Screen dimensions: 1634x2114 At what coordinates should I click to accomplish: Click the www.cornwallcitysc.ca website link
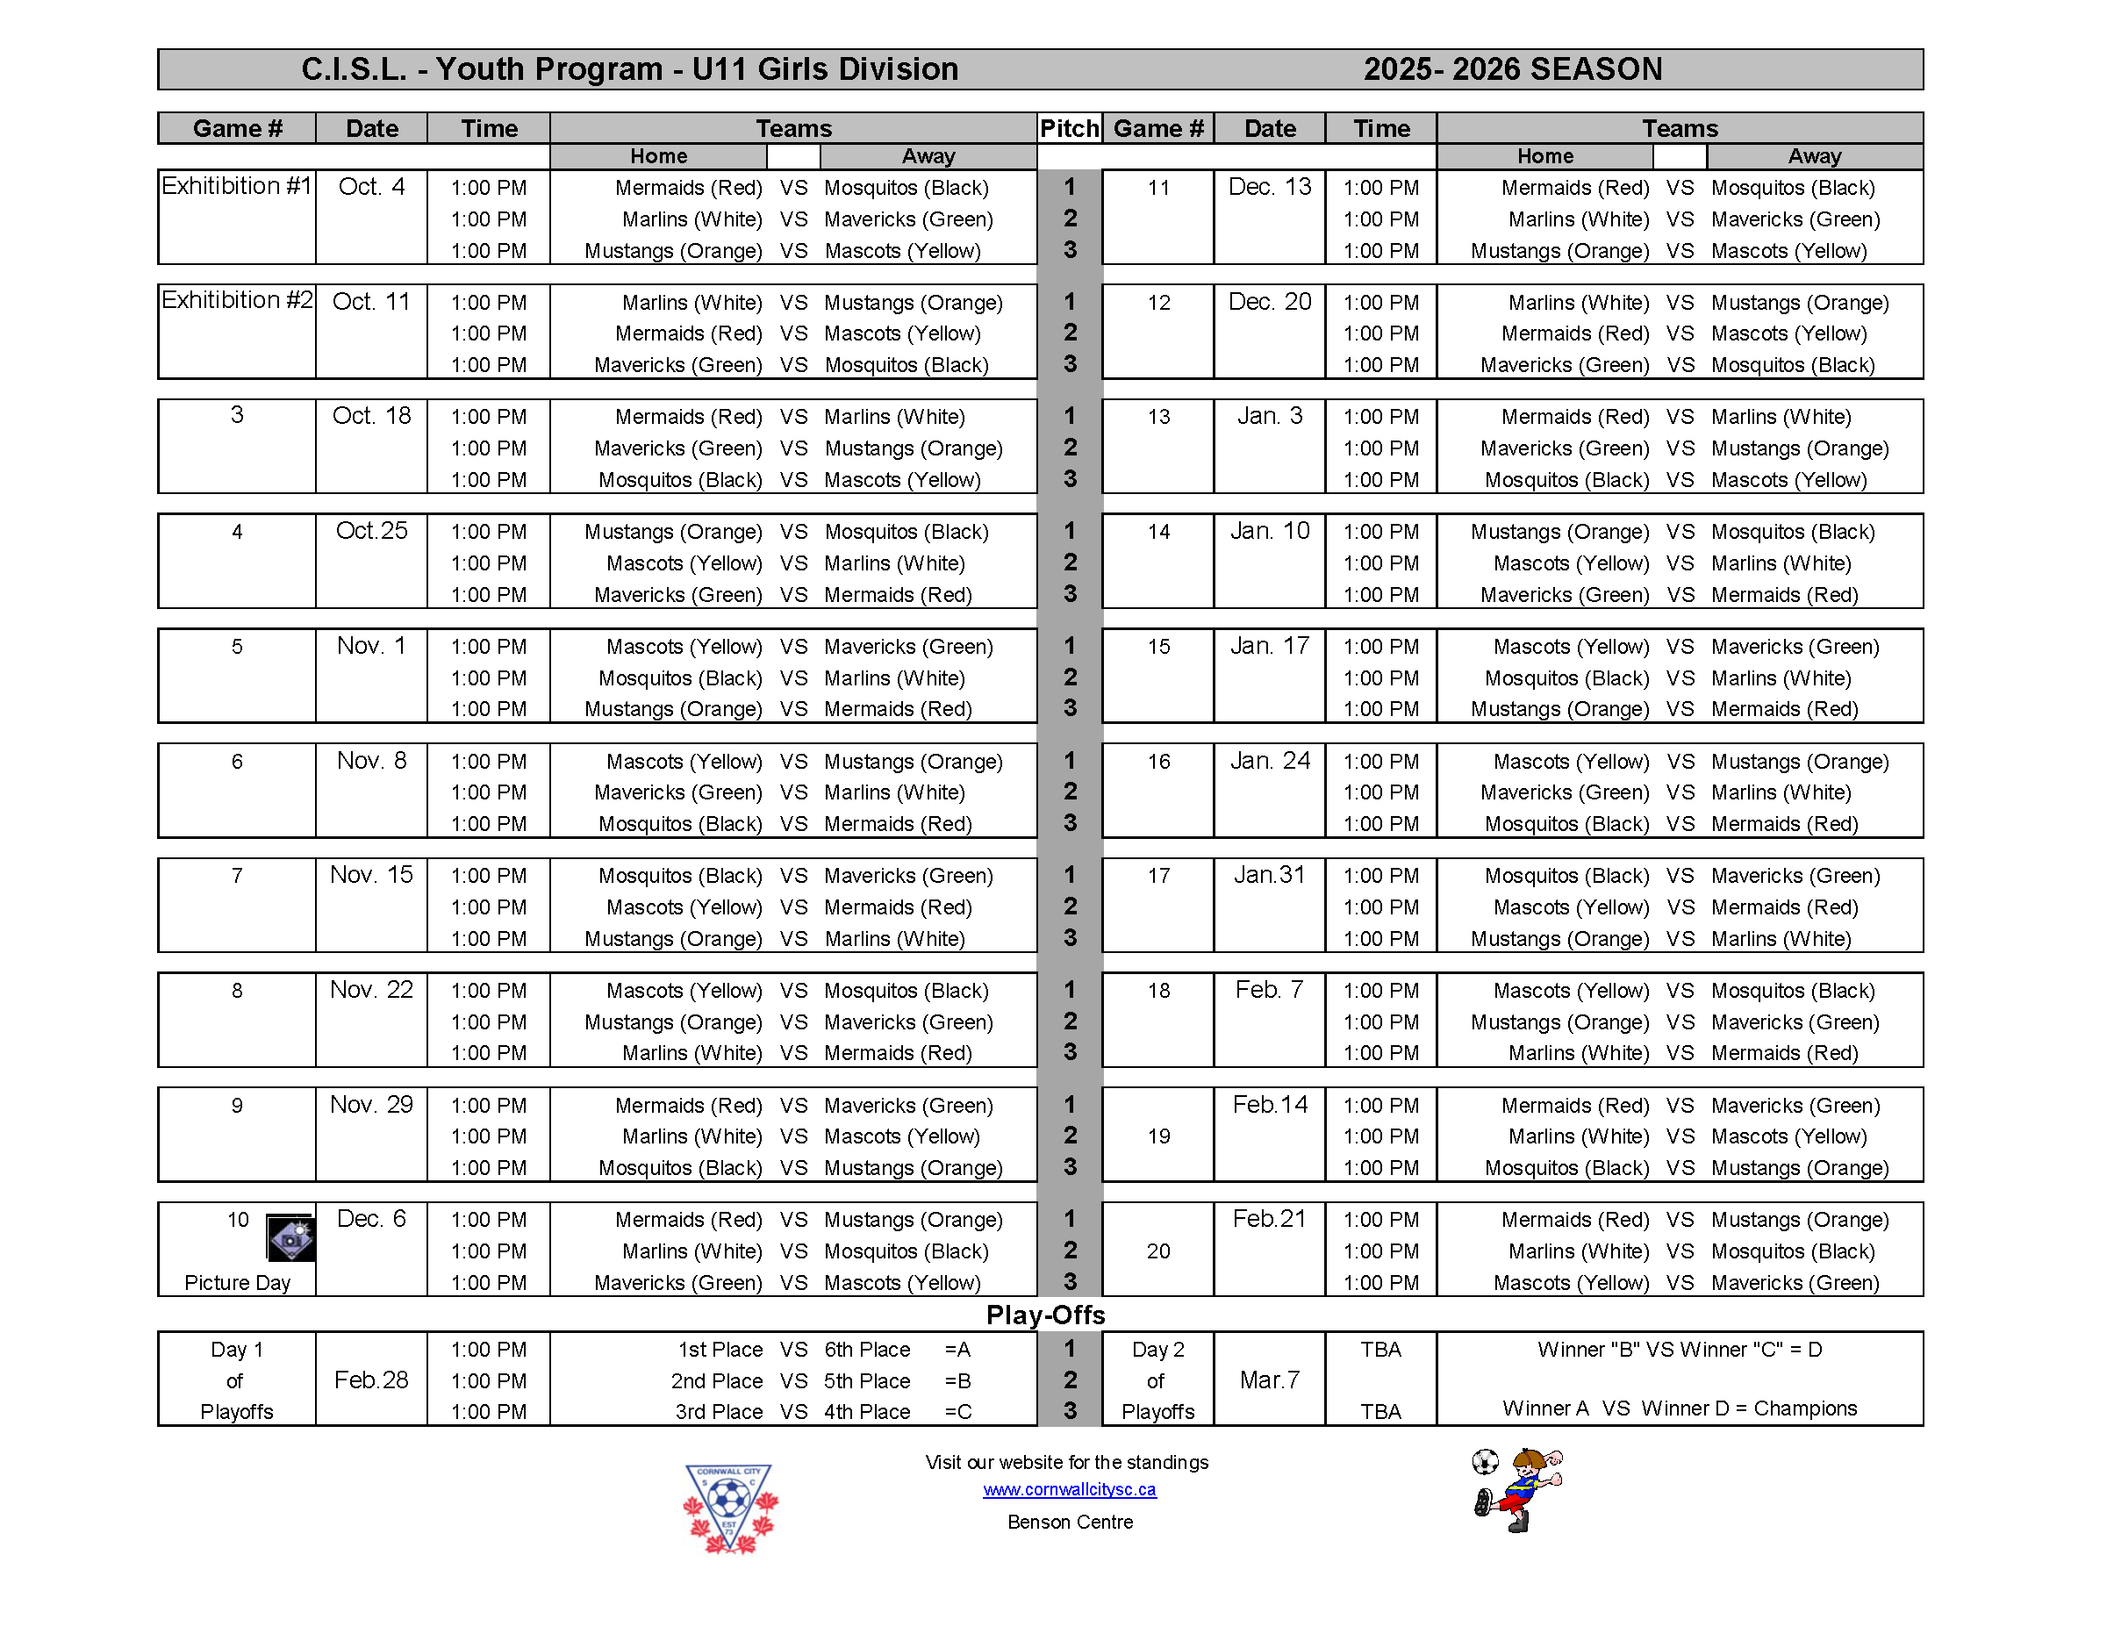1069,1489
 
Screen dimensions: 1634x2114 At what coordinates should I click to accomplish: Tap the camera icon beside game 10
290,1238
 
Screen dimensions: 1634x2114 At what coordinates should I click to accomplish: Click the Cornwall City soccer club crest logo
730,1507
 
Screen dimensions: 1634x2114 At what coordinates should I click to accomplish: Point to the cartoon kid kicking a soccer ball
1519,1490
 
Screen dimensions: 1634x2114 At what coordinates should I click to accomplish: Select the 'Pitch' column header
1069,129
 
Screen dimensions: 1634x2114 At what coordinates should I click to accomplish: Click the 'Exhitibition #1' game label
236,186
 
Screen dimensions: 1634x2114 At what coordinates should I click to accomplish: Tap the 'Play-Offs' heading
1045,1315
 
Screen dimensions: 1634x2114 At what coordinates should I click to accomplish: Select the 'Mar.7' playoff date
1269,1380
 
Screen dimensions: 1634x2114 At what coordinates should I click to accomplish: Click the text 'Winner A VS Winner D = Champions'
1680,1408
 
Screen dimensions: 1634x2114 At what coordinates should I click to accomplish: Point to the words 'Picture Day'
237,1283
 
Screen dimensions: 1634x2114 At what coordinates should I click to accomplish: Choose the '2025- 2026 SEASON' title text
1512,69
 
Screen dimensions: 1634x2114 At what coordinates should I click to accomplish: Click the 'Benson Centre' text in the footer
1070,1522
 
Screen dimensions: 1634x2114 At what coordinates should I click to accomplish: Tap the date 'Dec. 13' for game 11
1269,187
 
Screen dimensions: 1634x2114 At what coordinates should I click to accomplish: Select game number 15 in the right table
1158,647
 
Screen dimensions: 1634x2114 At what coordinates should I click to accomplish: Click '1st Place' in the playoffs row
720,1350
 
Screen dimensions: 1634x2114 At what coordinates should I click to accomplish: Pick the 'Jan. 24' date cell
1269,761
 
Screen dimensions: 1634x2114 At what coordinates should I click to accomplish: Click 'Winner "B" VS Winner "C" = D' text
1680,1350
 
